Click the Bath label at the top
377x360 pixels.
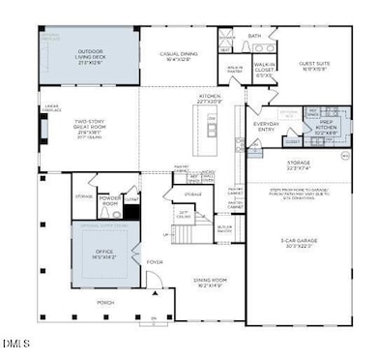pyautogui.click(x=255, y=37)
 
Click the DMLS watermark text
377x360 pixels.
pyautogui.click(x=15, y=344)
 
